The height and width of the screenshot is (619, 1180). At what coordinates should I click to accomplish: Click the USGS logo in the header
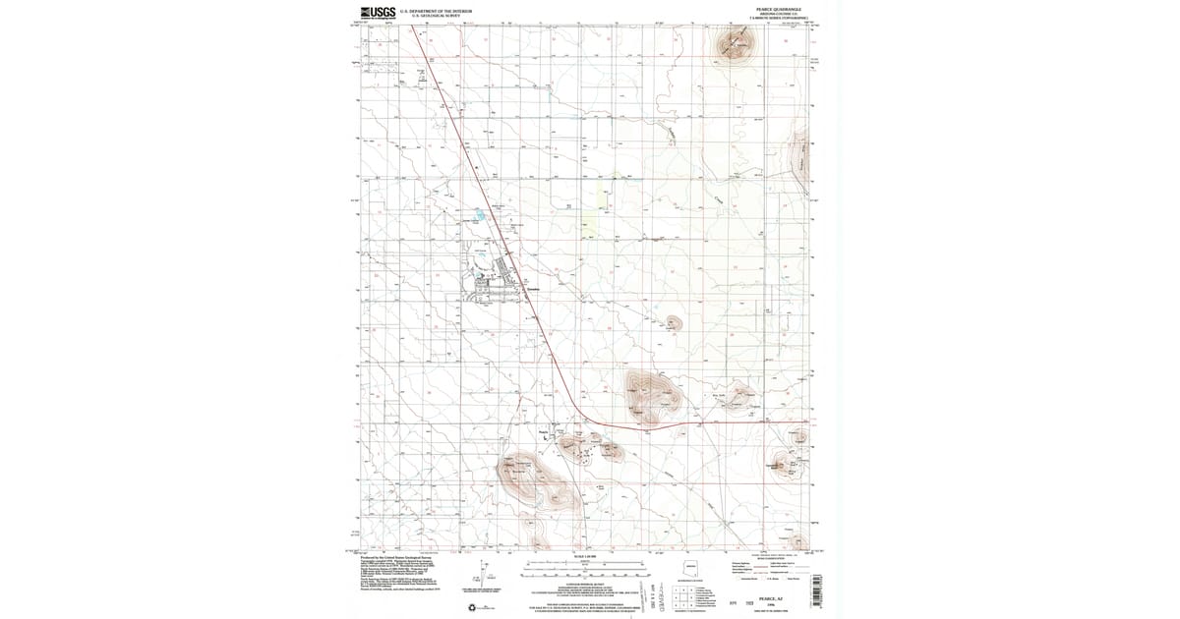378,12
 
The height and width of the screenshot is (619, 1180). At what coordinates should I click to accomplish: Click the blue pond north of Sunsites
479,213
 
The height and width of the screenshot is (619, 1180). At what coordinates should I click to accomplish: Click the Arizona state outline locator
691,569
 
